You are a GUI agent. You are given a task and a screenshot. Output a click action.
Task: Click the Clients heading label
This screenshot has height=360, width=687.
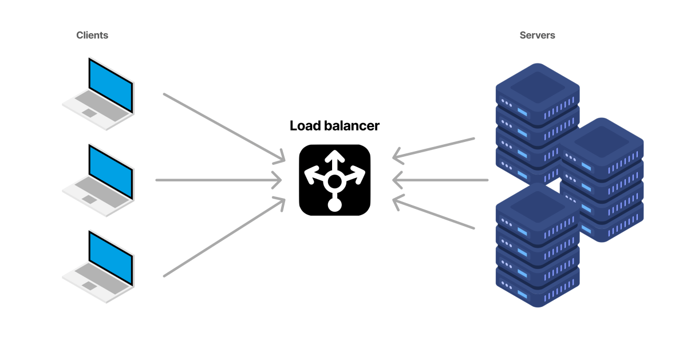[x=92, y=35]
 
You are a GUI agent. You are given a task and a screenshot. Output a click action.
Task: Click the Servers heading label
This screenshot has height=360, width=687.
[x=537, y=35]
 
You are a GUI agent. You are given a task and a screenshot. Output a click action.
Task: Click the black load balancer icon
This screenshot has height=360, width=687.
[x=334, y=180]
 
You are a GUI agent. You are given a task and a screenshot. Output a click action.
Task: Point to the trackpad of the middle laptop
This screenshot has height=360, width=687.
[x=89, y=199]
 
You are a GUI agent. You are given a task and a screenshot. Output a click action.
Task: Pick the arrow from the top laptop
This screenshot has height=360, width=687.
[x=223, y=126]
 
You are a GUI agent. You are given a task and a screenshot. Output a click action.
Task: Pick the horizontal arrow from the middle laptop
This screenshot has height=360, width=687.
[x=218, y=180]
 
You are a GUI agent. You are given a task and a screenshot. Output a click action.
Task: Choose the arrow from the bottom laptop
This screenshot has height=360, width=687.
[x=223, y=238]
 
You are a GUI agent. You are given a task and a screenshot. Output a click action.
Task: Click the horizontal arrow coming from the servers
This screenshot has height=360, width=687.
[x=441, y=180]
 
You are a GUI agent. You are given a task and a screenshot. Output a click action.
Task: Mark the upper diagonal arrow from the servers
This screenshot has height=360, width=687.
[x=435, y=147]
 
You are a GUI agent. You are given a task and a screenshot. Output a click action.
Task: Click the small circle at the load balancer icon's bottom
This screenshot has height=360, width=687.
[x=334, y=204]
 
